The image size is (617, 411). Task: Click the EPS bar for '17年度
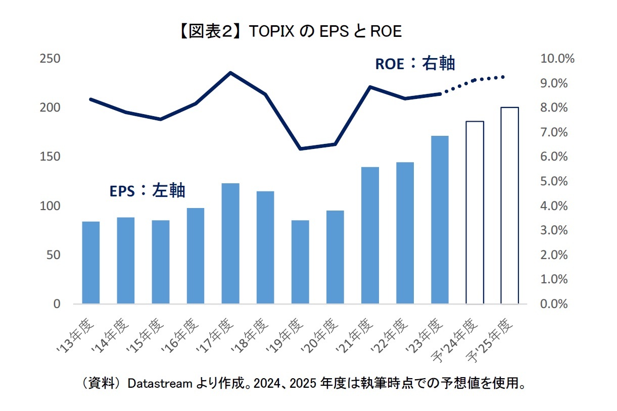tap(230, 243)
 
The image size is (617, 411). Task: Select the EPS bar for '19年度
tap(300, 262)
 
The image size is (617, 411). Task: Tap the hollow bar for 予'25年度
tap(509, 206)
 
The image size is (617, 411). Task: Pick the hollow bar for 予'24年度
tap(474, 213)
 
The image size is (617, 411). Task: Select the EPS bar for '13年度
tap(91, 263)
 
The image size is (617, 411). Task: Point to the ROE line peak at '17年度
tap(230, 73)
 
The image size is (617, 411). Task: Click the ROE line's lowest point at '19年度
tap(300, 149)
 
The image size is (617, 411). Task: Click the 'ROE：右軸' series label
tap(414, 64)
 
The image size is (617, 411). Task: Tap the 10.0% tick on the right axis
tap(557, 59)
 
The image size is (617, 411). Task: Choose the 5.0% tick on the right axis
tap(557, 181)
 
